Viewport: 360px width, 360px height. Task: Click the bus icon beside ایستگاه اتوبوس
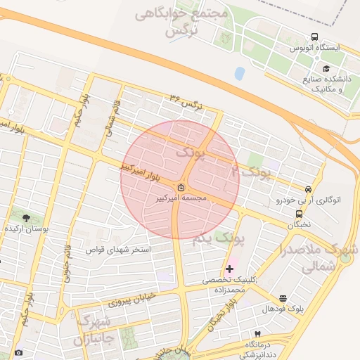314,37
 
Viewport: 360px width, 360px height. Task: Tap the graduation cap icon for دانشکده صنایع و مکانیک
326,68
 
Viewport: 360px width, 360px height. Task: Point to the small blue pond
240,72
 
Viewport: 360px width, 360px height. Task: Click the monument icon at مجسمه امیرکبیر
181,187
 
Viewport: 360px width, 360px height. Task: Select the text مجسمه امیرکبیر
182,198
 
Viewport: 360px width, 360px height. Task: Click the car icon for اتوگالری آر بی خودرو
308,189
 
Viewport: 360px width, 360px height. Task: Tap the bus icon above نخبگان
299,214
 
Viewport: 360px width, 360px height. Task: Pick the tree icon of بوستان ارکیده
27,219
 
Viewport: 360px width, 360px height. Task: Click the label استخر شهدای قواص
118,250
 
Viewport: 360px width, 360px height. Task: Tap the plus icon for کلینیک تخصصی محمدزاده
229,269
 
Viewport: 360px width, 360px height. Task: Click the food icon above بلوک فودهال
283,298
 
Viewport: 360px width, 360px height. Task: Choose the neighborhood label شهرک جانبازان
95,330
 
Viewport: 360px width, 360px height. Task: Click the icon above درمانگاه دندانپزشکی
257,333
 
